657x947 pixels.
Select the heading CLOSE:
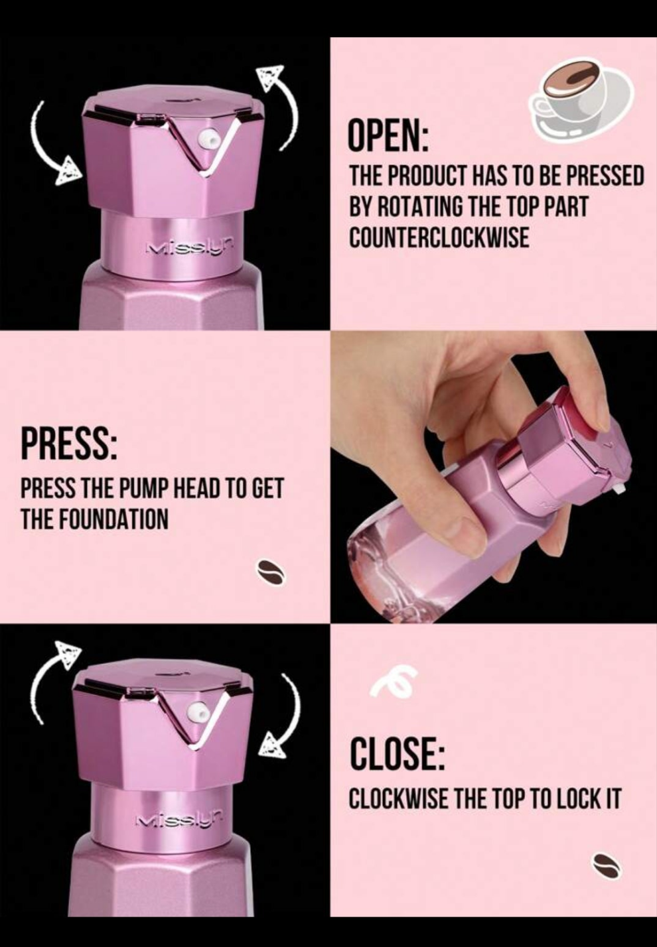(x=397, y=753)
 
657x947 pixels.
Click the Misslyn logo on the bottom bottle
(x=179, y=821)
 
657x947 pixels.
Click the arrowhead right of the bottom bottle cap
(x=273, y=747)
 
